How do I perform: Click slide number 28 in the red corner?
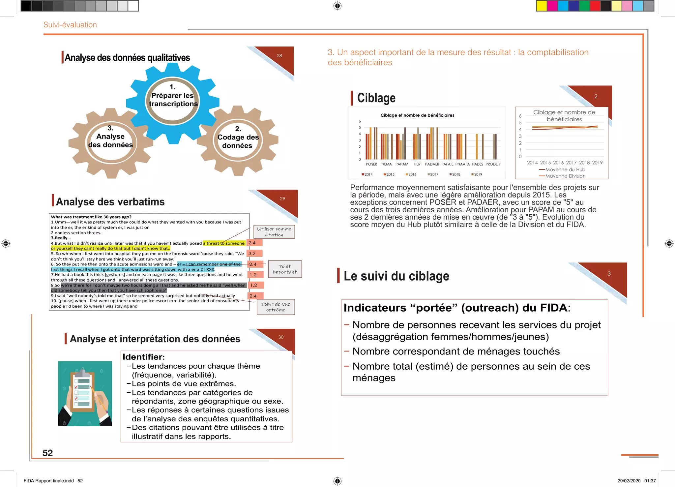tap(279, 56)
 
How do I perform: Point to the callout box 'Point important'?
tap(285, 269)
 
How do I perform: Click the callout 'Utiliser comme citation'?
tap(274, 232)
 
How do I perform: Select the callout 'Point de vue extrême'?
tap(276, 307)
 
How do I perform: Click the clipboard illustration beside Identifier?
tap(85, 393)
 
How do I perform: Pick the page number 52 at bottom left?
tap(48, 453)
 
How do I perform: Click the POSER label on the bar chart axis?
tap(371, 164)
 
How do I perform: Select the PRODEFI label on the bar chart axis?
tap(493, 164)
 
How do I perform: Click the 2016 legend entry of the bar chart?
tap(411, 174)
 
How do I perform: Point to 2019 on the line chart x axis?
tap(597, 163)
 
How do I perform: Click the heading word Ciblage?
tap(376, 98)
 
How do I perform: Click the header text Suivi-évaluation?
tap(70, 25)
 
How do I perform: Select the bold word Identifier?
tap(143, 357)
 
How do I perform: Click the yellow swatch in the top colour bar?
tap(542, 6)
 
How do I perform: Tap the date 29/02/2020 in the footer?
tap(629, 481)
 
